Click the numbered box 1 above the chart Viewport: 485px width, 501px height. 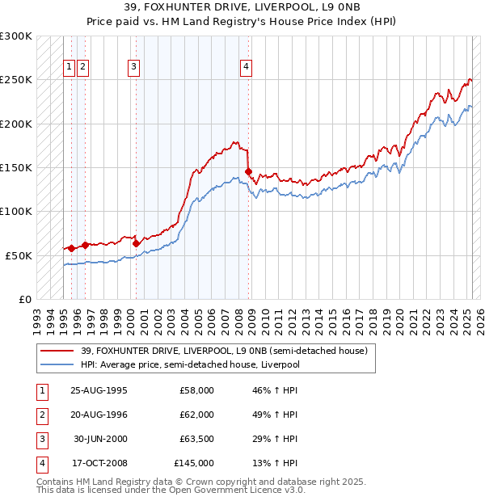(x=70, y=67)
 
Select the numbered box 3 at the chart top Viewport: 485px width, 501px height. (x=134, y=67)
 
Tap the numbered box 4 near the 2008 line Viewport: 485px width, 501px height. (x=245, y=67)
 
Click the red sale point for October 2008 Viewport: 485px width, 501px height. (x=248, y=171)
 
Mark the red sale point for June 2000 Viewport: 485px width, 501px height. (x=136, y=242)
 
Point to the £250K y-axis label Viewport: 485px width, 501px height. (x=16, y=80)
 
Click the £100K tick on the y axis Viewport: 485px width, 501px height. (x=16, y=211)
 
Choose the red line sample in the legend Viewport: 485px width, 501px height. (x=57, y=351)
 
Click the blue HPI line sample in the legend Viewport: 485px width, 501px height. (x=57, y=364)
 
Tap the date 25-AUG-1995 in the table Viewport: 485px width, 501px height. (x=99, y=390)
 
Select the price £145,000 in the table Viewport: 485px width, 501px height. (x=194, y=463)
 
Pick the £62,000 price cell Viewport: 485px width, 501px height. (x=196, y=415)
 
